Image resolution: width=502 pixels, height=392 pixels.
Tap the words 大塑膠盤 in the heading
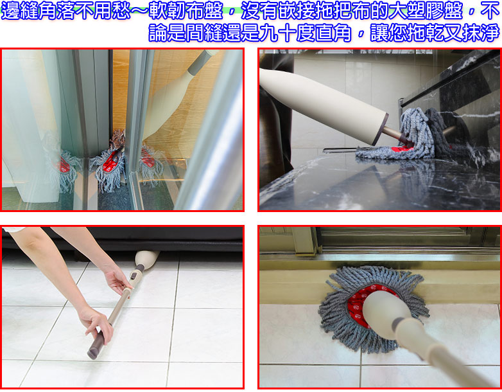pos(426,10)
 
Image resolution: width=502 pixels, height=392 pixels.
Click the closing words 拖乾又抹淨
pos(454,33)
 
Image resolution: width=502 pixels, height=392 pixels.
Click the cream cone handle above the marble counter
pos(324,106)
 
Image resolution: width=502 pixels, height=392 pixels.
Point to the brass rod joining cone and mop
pos(395,134)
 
